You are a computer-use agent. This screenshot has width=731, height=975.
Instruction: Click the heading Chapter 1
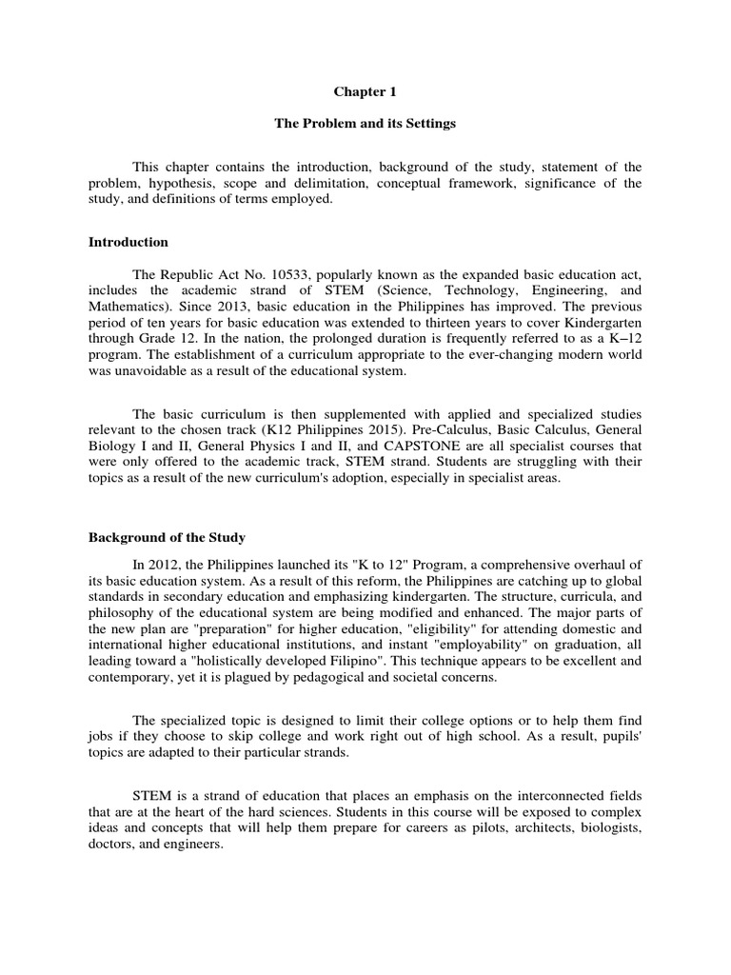(x=364, y=92)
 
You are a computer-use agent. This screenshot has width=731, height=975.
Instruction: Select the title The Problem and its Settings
(x=364, y=124)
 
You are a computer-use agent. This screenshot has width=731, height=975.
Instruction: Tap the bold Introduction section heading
(x=128, y=242)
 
